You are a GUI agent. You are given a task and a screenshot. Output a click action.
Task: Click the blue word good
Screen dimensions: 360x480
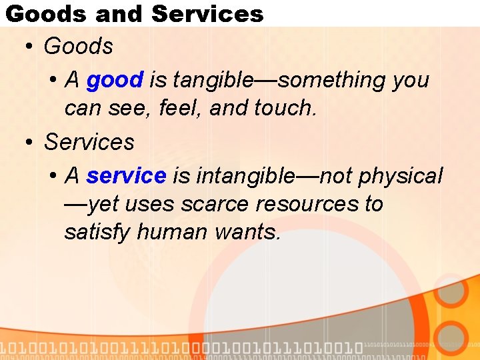pyautogui.click(x=115, y=81)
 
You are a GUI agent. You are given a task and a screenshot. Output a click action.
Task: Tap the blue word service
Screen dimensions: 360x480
pyautogui.click(x=126, y=176)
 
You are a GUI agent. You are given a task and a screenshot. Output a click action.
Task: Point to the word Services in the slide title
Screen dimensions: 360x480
pyautogui.click(x=207, y=13)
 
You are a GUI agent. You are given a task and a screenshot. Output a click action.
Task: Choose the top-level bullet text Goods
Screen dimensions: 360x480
pyautogui.click(x=78, y=47)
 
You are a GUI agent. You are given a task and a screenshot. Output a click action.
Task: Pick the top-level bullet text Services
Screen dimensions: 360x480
pyautogui.click(x=89, y=142)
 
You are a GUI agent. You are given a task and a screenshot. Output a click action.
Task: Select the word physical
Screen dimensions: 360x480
pyautogui.click(x=400, y=176)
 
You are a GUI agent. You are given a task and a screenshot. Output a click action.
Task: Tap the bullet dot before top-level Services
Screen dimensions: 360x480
pyautogui.click(x=29, y=143)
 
